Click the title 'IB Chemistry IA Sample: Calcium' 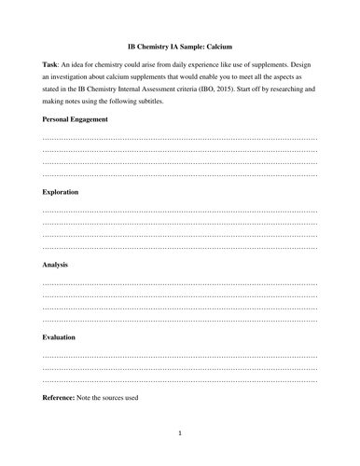179,45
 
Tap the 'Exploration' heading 61,191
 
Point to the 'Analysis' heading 56,264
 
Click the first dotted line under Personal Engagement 180,137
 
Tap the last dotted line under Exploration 180,245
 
